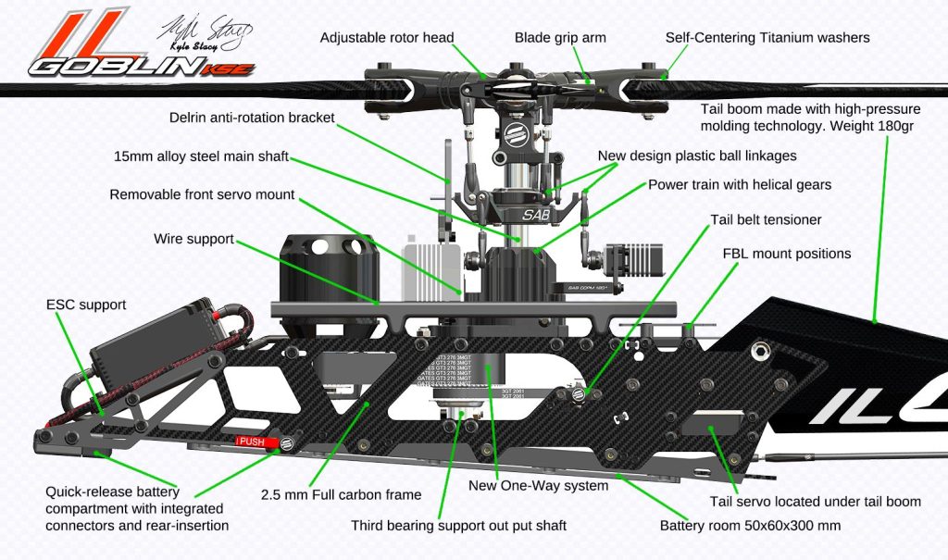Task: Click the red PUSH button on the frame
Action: tap(252, 442)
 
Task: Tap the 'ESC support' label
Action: tap(86, 305)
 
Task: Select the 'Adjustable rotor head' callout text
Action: tap(387, 38)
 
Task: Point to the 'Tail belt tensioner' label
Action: tap(766, 220)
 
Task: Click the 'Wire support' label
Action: tap(193, 239)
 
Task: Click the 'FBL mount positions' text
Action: tap(786, 253)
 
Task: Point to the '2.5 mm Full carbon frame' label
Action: tap(341, 494)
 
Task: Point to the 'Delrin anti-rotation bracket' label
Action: tap(252, 118)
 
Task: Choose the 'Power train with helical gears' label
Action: tap(739, 184)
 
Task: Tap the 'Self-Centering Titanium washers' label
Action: tap(767, 38)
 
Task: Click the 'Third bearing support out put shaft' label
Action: tap(458, 526)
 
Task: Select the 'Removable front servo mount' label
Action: tap(202, 194)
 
